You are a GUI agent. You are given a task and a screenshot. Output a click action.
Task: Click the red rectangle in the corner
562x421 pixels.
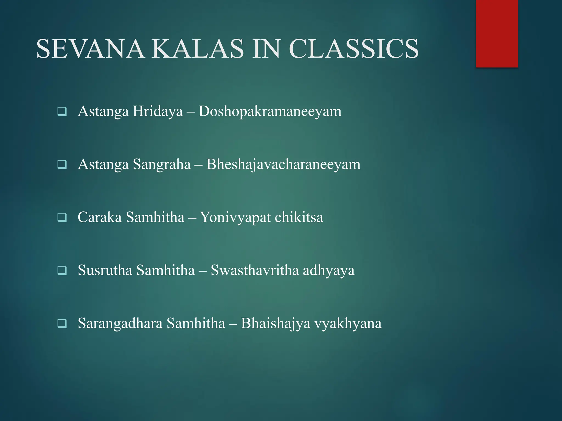coord(497,33)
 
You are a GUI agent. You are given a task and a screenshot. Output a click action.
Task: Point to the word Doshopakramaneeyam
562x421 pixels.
coord(270,112)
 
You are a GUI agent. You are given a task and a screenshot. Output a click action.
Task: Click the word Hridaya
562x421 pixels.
coord(158,112)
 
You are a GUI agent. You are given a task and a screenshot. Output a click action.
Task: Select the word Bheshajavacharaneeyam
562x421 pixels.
coord(283,164)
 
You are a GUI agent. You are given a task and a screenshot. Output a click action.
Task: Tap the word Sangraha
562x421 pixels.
coord(162,164)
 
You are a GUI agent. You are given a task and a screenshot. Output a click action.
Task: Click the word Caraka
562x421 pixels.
coord(100,217)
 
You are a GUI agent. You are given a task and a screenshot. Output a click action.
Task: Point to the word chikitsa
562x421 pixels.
coord(299,217)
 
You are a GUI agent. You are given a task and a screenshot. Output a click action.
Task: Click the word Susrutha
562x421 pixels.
coord(105,270)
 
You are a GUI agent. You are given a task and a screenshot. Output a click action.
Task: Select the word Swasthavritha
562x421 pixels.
coord(255,270)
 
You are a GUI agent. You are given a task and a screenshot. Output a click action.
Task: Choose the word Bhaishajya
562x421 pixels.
coord(276,323)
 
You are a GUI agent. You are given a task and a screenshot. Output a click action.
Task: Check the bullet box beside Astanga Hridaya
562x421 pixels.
coord(62,112)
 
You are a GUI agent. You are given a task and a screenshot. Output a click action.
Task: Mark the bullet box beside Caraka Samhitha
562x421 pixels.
coord(62,218)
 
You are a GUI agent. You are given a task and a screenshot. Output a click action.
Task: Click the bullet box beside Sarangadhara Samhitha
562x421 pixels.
coord(62,323)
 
